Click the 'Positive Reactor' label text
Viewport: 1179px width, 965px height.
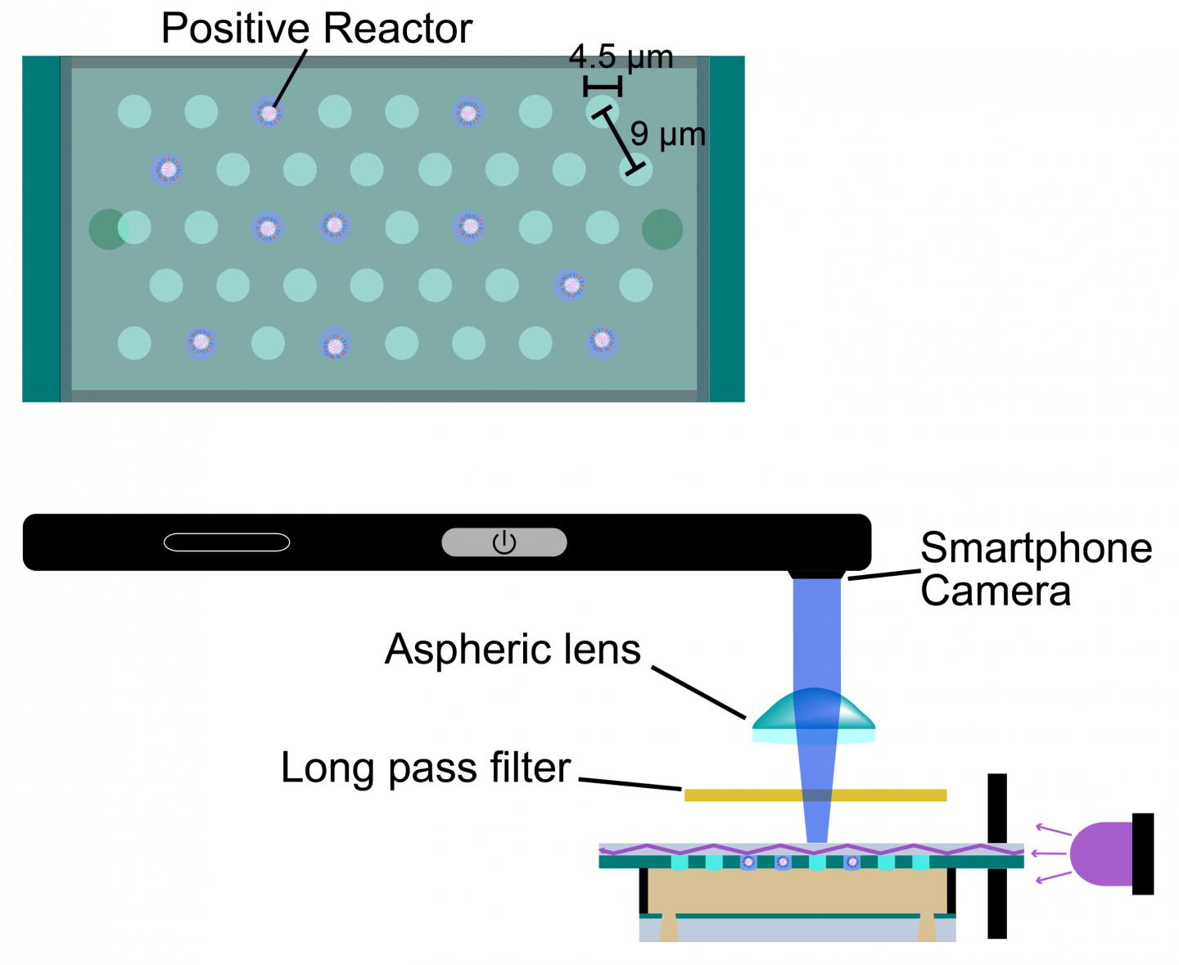coord(316,29)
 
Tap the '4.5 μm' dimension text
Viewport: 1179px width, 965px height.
coord(621,57)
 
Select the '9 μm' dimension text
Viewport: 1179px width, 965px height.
coord(668,134)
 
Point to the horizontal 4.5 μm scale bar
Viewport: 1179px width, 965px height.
coord(603,85)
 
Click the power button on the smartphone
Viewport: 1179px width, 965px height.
coord(504,542)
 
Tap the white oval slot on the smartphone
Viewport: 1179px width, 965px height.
coord(227,542)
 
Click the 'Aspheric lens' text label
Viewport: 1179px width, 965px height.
coord(513,650)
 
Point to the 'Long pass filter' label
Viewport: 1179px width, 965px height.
coord(425,768)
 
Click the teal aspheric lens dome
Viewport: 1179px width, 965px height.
coord(813,710)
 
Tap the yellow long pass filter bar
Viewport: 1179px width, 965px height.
coord(815,795)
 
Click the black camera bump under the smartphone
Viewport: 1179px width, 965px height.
coord(816,574)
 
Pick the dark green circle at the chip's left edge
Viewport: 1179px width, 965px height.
coord(106,229)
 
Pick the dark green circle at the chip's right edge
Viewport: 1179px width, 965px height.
coord(662,229)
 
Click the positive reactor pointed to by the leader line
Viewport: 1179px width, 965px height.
coord(268,112)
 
